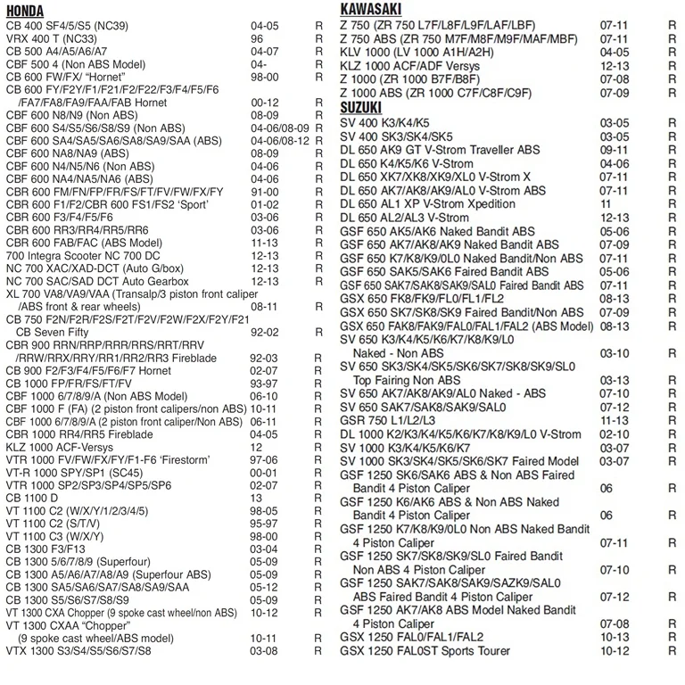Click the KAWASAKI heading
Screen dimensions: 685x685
click(x=376, y=10)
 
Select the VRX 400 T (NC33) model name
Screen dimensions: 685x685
click(x=52, y=39)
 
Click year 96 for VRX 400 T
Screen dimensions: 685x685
click(x=257, y=39)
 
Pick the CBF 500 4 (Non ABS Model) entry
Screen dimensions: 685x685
click(x=75, y=64)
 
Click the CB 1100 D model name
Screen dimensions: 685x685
click(x=32, y=498)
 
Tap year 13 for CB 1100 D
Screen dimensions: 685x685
click(x=256, y=498)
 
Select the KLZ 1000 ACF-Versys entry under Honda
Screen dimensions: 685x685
click(x=60, y=447)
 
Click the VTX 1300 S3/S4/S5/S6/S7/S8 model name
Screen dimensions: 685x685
click(x=78, y=650)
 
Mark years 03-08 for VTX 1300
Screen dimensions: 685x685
click(x=264, y=650)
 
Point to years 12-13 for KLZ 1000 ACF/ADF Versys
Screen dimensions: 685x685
click(x=615, y=66)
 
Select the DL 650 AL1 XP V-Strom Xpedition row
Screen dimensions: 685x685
click(x=427, y=204)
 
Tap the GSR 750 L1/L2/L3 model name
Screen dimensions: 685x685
click(x=388, y=421)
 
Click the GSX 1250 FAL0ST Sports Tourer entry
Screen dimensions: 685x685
click(x=425, y=650)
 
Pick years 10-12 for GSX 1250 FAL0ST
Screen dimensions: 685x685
click(x=615, y=650)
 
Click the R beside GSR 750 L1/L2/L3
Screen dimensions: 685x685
click(x=672, y=421)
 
